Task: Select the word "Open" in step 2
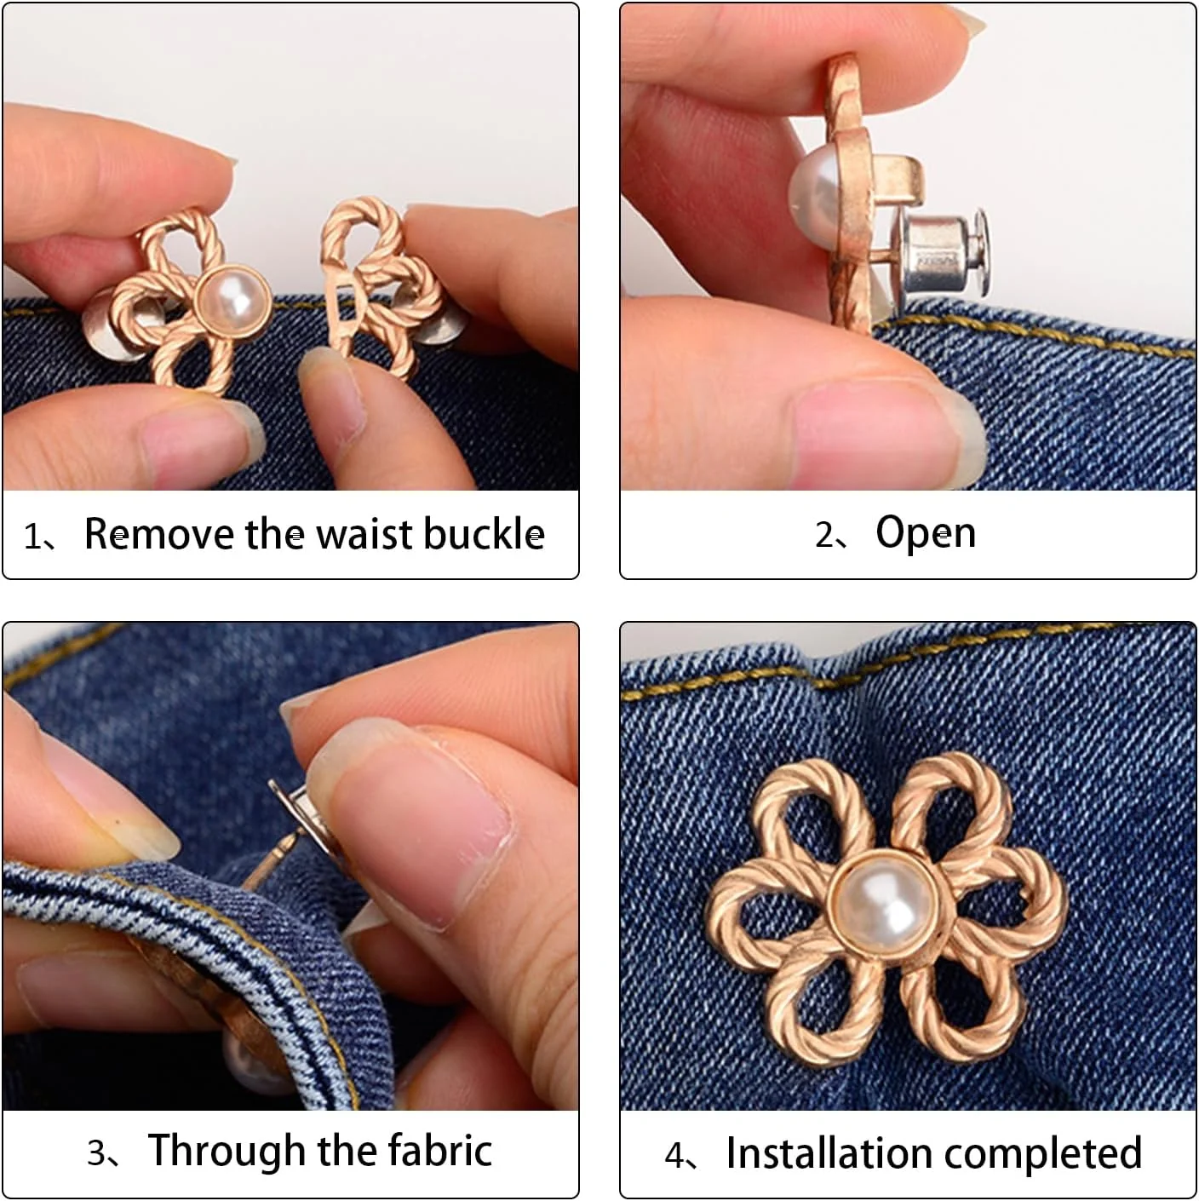926,534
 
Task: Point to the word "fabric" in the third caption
440,1151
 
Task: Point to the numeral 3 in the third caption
97,1153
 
